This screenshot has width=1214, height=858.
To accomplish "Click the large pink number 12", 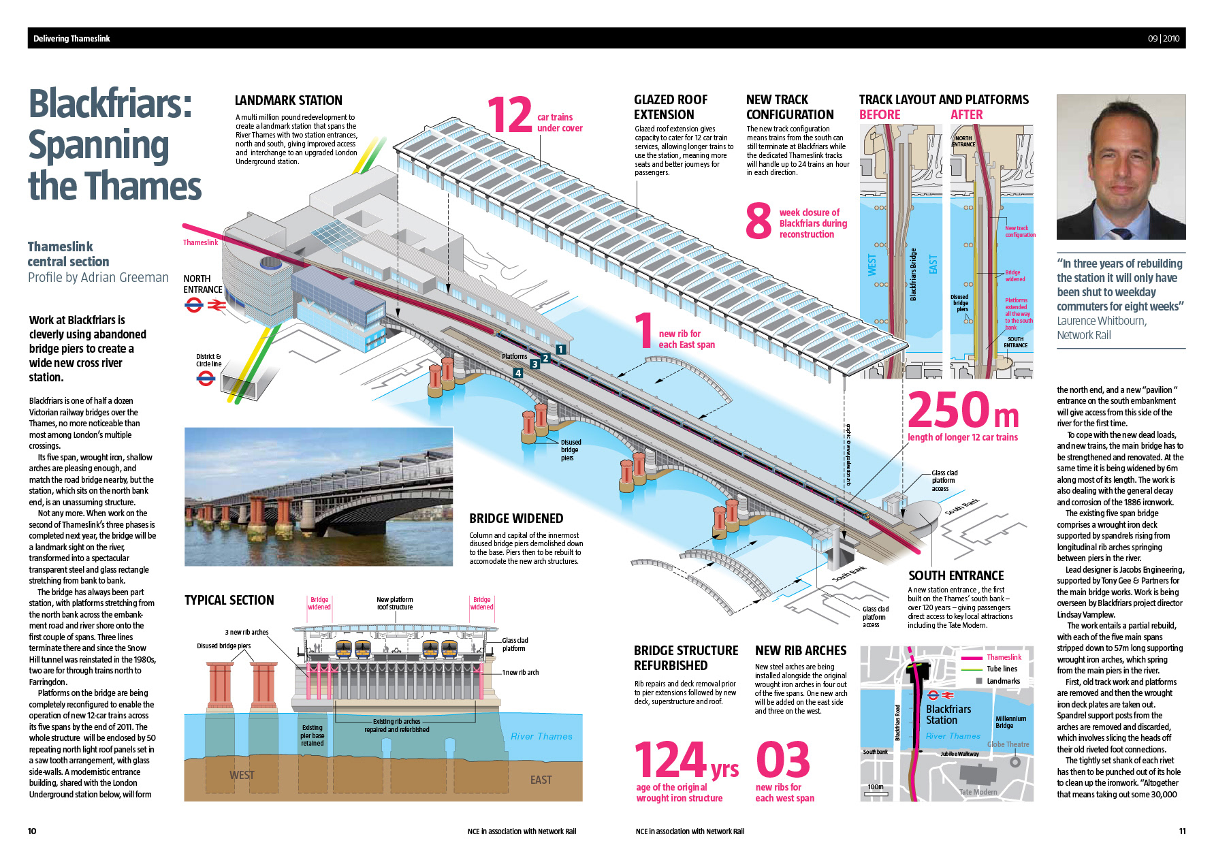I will click(x=509, y=115).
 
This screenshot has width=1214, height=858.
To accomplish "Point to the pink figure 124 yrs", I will click(x=686, y=761).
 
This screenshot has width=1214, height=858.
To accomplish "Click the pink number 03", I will click(x=783, y=761).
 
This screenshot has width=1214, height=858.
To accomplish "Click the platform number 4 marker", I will click(x=518, y=373).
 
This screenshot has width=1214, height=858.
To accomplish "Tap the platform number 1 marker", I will click(x=560, y=349).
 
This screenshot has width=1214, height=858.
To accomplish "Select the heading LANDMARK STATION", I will click(x=288, y=101).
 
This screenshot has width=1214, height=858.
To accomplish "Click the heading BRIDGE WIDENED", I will click(x=516, y=519).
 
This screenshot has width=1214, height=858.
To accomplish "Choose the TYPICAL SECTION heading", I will click(x=229, y=600).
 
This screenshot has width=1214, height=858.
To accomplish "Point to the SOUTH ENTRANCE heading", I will click(x=956, y=576).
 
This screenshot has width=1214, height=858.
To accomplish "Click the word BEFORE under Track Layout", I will click(x=880, y=115).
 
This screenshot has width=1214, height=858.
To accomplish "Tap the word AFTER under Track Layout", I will click(x=967, y=115).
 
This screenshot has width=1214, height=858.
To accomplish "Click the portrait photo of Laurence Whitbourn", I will click(x=1121, y=167).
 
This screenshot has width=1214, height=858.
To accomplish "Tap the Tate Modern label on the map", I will click(x=978, y=792).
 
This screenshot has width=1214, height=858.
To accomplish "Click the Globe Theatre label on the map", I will click(x=1008, y=744).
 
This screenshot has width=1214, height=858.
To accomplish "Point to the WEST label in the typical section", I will click(x=242, y=775).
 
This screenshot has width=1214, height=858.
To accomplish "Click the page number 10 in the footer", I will click(x=32, y=831).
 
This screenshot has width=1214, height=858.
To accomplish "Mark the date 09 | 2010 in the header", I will click(x=1164, y=39).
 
